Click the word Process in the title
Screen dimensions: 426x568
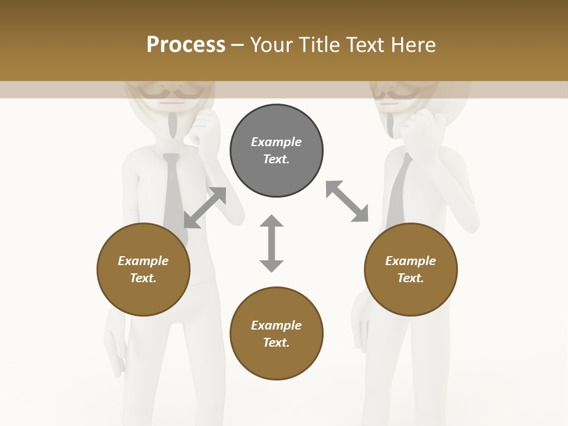[186, 45]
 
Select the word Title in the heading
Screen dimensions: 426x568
[317, 45]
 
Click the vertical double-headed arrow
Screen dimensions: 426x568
[272, 243]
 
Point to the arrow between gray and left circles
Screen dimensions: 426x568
[205, 208]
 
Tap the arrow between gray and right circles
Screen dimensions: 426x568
[347, 201]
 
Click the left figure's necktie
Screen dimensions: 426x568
[172, 189]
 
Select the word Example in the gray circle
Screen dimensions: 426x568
[276, 142]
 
